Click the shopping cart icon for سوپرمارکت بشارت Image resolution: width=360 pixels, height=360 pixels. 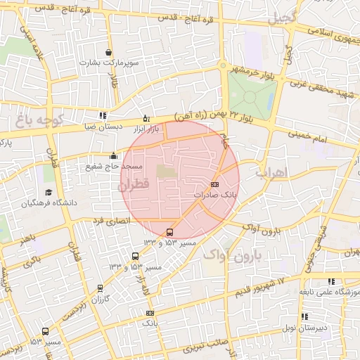tap(108, 53)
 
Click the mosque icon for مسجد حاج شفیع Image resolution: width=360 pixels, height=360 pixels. tap(113, 155)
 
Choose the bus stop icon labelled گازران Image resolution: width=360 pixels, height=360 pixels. tap(100, 288)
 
